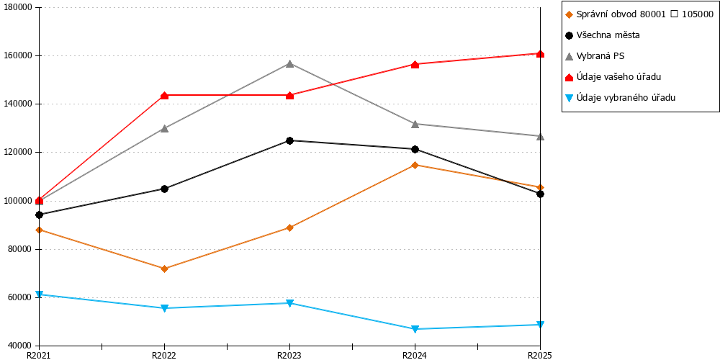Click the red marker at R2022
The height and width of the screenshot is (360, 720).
tap(164, 96)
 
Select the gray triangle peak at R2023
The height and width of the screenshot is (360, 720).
tap(289, 63)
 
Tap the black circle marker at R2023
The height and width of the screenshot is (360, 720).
tap(289, 140)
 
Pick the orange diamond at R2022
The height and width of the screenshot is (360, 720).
tap(164, 269)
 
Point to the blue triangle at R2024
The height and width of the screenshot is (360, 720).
tap(415, 329)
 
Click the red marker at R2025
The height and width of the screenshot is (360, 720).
tap(541, 54)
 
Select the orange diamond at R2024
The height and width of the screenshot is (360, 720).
tap(415, 165)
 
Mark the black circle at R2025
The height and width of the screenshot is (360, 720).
tap(541, 194)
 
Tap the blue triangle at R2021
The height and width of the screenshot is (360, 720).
tap(39, 294)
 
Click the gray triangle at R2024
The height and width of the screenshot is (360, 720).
tap(415, 124)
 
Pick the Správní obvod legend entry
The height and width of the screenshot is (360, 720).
tap(639, 14)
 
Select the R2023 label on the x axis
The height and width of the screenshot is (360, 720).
tap(289, 355)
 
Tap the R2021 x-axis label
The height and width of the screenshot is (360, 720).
tap(39, 355)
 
